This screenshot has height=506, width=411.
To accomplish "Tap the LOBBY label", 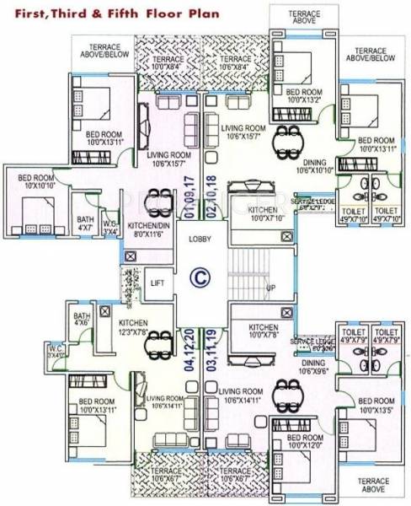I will [x=200, y=240].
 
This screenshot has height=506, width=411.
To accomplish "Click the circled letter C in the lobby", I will [x=200, y=276].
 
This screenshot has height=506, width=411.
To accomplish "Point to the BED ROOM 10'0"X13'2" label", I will [x=303, y=94].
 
